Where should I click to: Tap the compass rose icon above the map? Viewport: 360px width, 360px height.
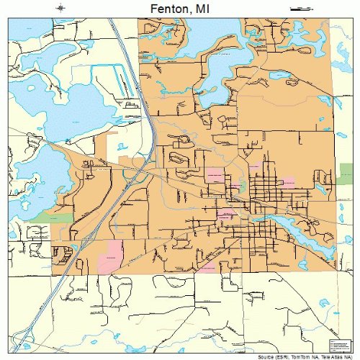pyautogui.click(x=62, y=9)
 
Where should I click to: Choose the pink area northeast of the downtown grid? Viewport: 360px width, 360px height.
pyautogui.click(x=287, y=181)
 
